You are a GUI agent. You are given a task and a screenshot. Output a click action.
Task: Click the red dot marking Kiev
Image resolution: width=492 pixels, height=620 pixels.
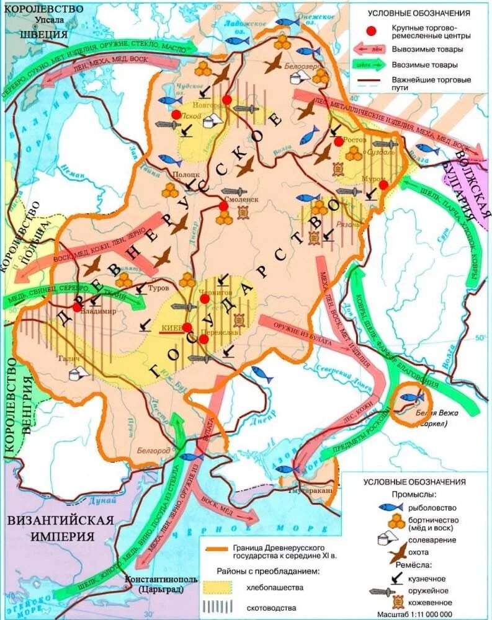pos(187,327)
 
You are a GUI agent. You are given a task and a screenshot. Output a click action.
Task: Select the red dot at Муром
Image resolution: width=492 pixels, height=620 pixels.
pos(383,185)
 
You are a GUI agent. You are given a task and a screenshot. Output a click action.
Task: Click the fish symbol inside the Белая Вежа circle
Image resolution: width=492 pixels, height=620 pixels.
pos(409,395)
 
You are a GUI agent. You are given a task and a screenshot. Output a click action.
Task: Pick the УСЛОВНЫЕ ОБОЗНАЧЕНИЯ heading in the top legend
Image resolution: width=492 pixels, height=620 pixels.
pos(419,12)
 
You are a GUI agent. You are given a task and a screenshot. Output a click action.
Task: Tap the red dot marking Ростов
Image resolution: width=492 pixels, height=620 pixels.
pos(338,141)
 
